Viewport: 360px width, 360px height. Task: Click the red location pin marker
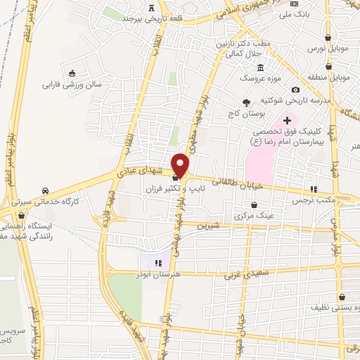(x=181, y=165)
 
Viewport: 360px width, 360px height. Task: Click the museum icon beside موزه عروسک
(x=261, y=67)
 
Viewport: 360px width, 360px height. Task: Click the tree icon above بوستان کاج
(x=245, y=103)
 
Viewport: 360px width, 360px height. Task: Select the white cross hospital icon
(x=287, y=120)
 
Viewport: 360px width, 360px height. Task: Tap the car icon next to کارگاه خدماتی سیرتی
(x=45, y=191)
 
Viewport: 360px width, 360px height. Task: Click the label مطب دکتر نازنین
(x=247, y=44)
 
